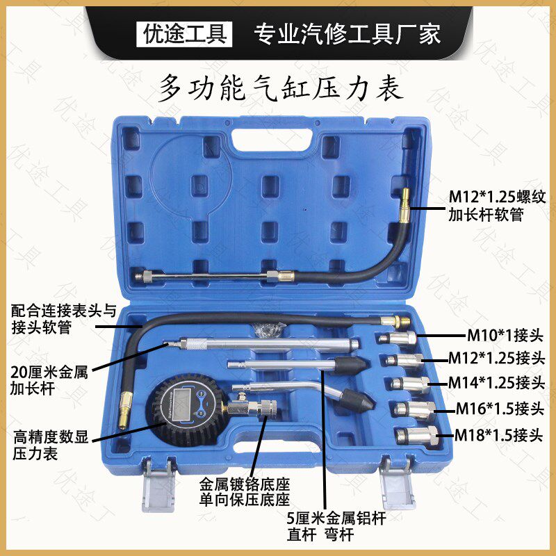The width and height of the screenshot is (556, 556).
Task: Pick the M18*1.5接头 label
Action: [498, 436]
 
